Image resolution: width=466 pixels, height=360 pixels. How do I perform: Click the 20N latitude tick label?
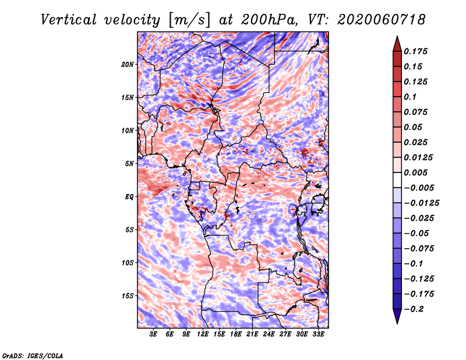click(x=127, y=65)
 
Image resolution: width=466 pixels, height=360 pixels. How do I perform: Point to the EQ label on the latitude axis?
click(x=129, y=197)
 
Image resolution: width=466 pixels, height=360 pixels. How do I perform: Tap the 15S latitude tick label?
click(x=127, y=296)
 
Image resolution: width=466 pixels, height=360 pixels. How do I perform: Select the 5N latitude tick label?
click(x=129, y=164)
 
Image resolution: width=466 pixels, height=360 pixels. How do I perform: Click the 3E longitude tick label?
click(x=153, y=334)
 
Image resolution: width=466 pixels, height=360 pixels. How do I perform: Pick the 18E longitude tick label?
click(x=236, y=334)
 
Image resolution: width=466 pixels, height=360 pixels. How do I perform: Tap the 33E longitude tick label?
click(x=318, y=334)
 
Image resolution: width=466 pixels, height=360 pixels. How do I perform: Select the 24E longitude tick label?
click(x=269, y=334)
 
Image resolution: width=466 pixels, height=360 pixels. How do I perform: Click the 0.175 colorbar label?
click(x=415, y=51)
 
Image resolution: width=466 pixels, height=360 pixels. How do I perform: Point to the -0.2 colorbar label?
click(x=414, y=309)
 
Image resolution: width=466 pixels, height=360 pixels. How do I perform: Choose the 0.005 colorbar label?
click(x=415, y=172)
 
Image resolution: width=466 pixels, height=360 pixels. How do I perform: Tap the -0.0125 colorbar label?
click(x=421, y=203)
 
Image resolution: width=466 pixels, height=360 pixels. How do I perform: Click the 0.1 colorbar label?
click(x=410, y=97)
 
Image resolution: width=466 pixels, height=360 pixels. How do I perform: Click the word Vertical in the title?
click(x=69, y=20)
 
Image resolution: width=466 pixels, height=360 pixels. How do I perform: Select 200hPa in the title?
click(x=269, y=20)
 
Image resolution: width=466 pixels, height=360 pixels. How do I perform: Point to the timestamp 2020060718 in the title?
click(x=382, y=20)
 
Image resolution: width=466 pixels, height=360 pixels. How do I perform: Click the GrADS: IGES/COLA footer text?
click(x=33, y=355)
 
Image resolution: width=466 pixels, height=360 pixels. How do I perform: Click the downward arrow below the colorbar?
click(x=397, y=316)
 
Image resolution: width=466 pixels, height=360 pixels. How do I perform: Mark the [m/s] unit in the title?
click(x=189, y=20)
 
